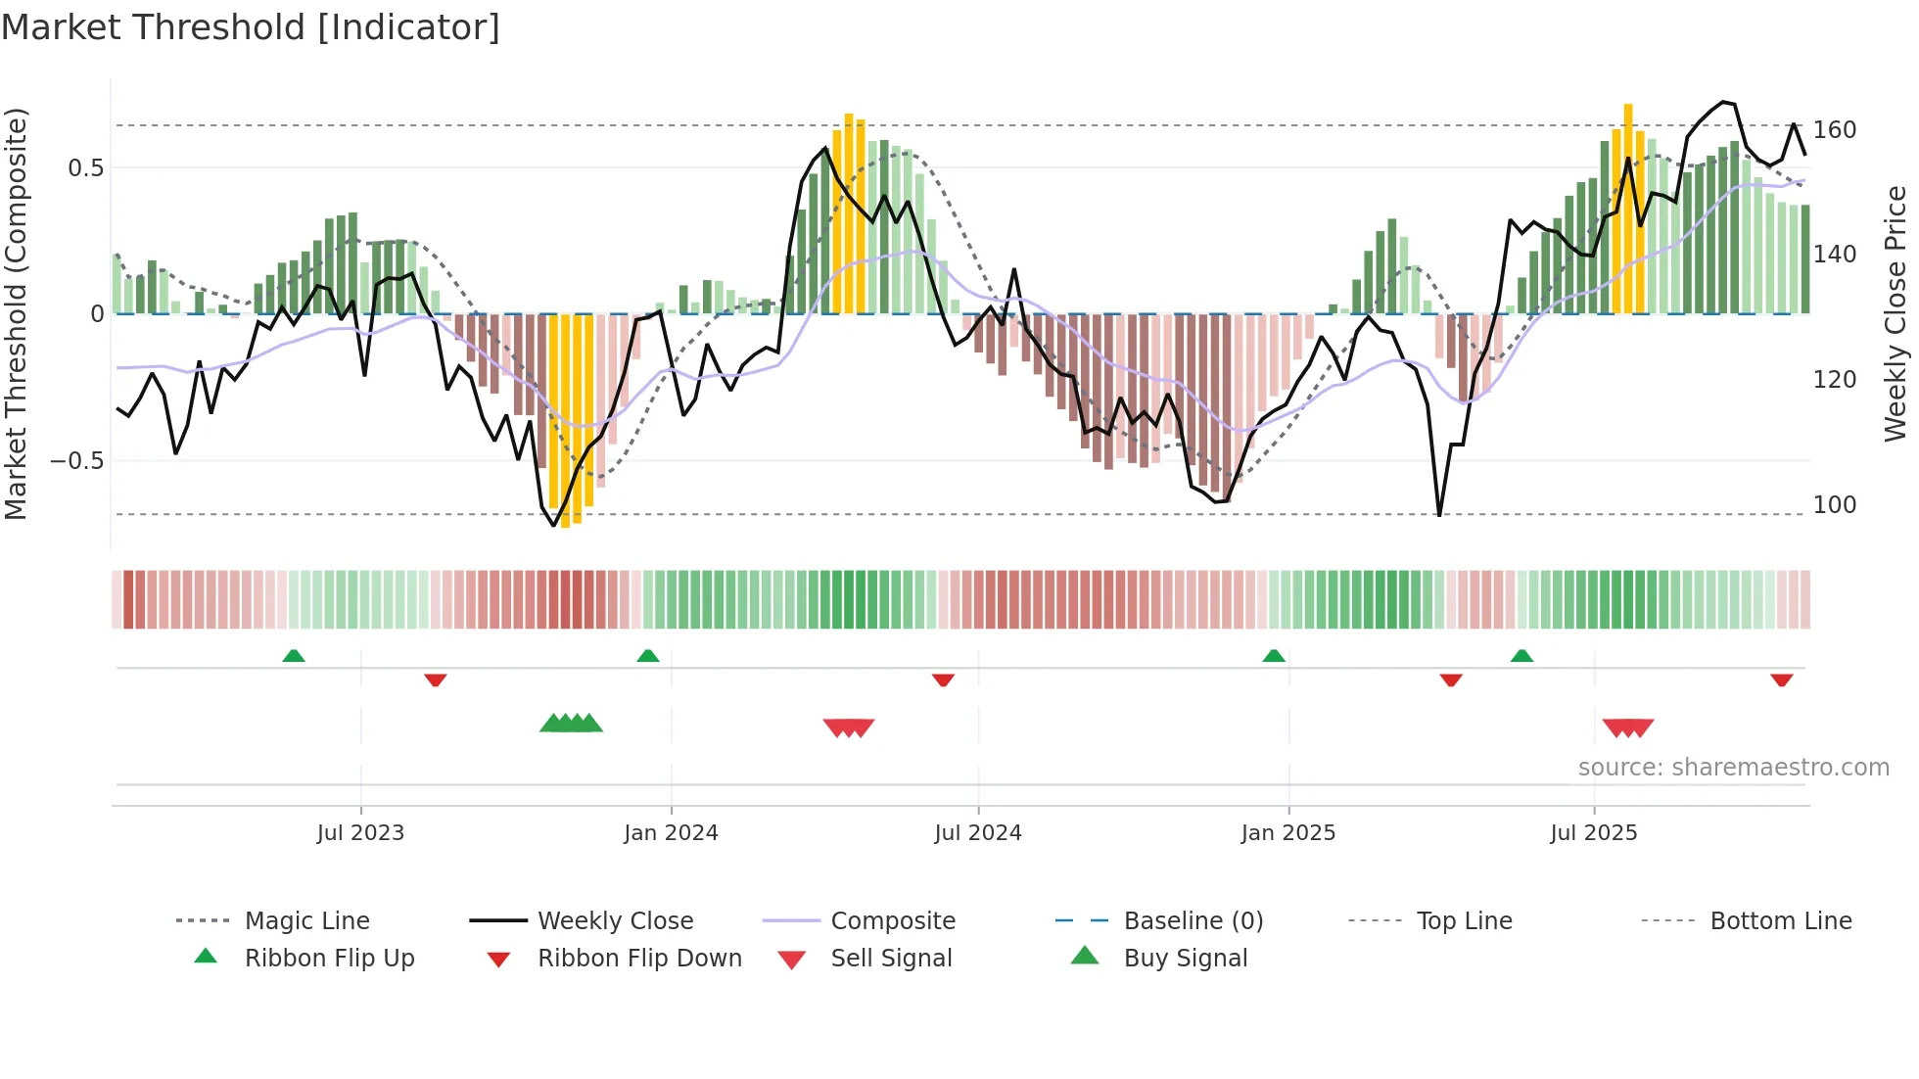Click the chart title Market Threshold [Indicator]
(251, 27)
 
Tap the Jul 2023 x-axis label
(360, 832)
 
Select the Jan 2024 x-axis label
(671, 832)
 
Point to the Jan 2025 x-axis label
(1287, 832)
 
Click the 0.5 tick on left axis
(85, 167)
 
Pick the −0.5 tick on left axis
(76, 460)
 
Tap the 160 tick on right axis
(1834, 129)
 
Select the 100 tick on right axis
(1834, 504)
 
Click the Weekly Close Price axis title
(1896, 313)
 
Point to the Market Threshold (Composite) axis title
(16, 313)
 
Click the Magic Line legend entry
(306, 920)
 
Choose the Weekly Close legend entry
(615, 920)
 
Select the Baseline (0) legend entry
(1193, 920)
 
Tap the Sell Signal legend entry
(890, 958)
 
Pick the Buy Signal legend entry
(1185, 958)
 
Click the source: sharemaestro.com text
(1733, 767)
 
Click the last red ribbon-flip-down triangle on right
(1781, 680)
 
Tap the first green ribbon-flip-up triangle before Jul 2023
(294, 656)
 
